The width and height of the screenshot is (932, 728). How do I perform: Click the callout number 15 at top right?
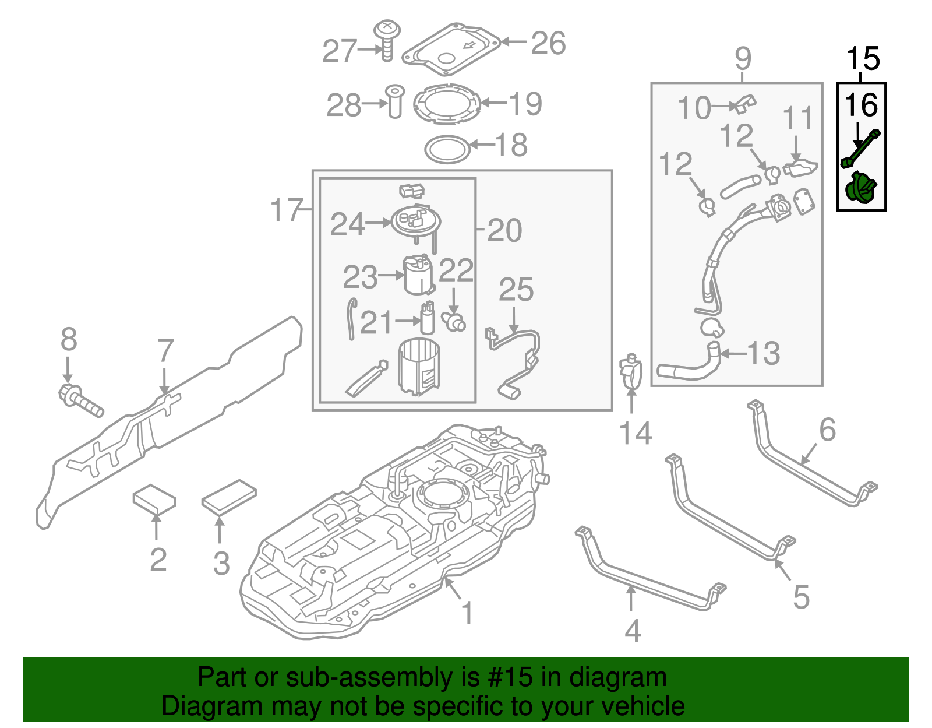tap(863, 59)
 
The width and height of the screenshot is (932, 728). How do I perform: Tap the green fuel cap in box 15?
tap(861, 188)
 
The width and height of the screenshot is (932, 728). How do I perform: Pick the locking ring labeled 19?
tap(447, 104)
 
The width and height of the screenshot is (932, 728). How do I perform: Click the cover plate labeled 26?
tap(451, 50)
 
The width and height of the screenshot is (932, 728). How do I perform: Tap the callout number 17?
tap(287, 210)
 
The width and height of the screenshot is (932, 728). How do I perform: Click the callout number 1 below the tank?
tap(467, 613)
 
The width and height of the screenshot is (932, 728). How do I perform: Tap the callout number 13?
tap(763, 353)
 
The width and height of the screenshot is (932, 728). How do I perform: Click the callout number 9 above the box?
tap(743, 58)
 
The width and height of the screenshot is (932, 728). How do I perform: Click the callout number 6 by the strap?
tap(827, 430)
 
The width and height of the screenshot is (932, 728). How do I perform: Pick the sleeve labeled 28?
tap(395, 101)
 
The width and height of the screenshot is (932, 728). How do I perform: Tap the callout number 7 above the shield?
tap(165, 351)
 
